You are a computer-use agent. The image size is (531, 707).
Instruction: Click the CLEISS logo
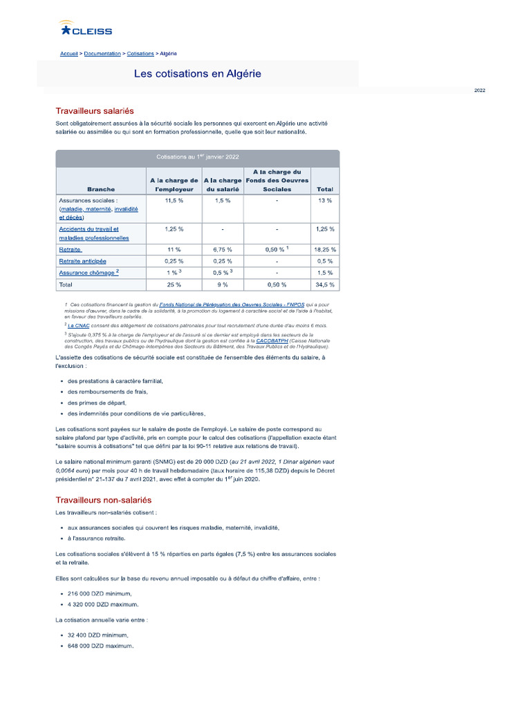pos(86,29)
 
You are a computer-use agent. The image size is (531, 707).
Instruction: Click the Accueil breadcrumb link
pos(68,53)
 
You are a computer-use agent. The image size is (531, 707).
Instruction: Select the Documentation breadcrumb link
pos(102,53)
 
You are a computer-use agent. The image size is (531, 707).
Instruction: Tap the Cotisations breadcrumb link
pos(140,53)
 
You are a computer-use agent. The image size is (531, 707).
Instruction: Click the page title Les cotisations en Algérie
pos(198,73)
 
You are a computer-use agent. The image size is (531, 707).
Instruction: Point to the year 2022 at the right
pos(480,90)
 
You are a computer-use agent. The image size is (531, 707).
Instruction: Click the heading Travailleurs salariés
pos(95,111)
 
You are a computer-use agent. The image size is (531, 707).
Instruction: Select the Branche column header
pos(101,188)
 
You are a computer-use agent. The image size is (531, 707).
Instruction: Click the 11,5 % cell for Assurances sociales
pos(174,200)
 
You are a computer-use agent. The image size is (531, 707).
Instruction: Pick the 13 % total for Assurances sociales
pos(324,200)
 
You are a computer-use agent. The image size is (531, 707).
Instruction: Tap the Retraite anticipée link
pos(82,261)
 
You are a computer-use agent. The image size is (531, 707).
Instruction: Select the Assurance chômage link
pos(86,273)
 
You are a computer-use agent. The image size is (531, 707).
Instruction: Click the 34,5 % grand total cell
pos(324,284)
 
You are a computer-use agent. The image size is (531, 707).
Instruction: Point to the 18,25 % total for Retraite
pos(324,249)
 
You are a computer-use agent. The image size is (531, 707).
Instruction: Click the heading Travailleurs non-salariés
pos(103,499)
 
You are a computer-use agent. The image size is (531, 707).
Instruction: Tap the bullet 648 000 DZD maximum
pos(100,646)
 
